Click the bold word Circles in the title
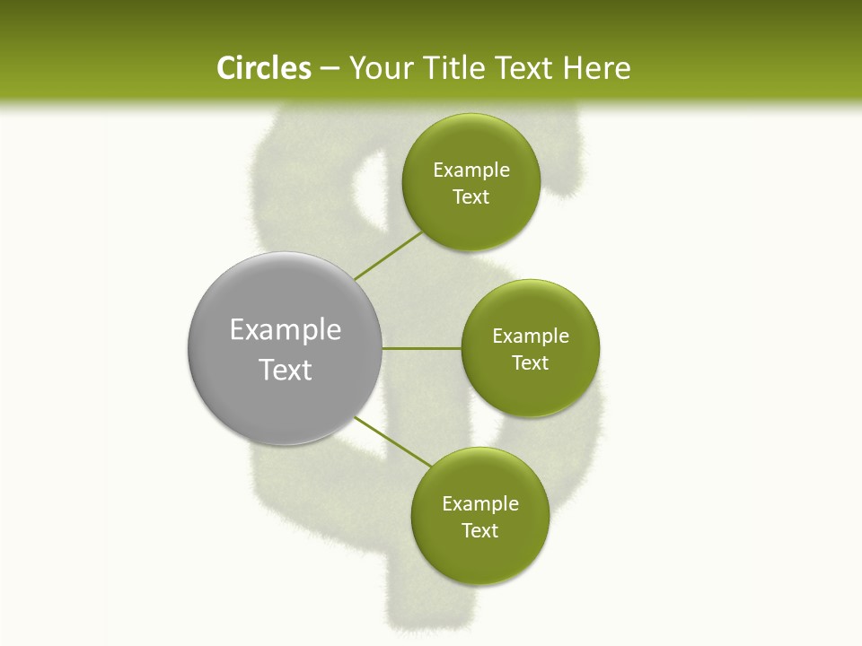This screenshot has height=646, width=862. coord(263,68)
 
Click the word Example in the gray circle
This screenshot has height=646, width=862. coord(285,330)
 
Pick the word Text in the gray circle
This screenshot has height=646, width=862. coord(285,370)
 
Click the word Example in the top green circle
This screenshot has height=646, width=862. coord(471,170)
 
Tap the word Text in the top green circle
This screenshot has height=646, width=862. coord(471,197)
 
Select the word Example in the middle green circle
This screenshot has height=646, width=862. coord(530,336)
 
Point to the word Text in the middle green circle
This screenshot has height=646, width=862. coord(530,363)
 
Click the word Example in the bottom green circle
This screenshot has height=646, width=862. coord(479,504)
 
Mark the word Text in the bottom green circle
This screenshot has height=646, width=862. coord(479,531)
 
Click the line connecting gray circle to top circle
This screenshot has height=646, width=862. coord(388,256)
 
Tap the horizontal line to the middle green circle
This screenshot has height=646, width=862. coord(422,348)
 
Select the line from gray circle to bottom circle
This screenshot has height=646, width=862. coord(392,441)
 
